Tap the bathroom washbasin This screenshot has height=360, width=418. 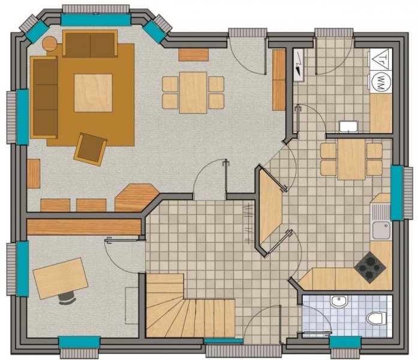click(338, 301)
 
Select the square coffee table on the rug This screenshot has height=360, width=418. click(93, 92)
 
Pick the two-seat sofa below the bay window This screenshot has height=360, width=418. click(90, 44)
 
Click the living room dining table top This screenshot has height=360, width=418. click(193, 92)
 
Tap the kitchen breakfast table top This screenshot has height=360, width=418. click(351, 159)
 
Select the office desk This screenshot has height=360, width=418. click(60, 277)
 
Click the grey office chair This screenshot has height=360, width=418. click(67, 298)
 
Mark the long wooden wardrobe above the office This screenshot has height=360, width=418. click(83, 226)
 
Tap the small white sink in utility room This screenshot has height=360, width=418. click(348, 126)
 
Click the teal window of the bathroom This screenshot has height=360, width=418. click(345, 342)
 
